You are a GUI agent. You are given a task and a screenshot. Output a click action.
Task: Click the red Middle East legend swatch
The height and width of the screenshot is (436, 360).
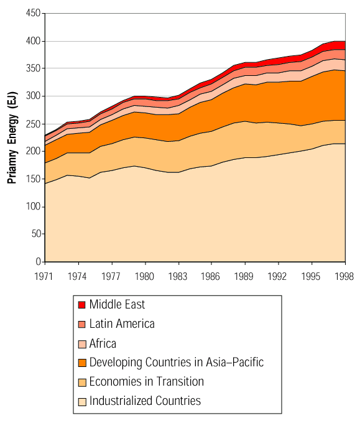click(x=81, y=305)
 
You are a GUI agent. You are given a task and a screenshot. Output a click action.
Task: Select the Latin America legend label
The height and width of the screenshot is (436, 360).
click(x=122, y=323)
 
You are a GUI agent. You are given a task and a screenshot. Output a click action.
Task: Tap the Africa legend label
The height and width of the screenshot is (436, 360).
click(x=103, y=343)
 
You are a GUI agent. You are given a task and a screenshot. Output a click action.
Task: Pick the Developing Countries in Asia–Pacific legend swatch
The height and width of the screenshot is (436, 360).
click(x=82, y=363)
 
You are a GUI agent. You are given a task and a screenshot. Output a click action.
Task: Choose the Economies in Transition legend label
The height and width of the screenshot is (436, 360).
click(x=147, y=381)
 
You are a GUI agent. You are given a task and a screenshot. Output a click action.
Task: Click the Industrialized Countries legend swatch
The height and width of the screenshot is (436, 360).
click(x=82, y=402)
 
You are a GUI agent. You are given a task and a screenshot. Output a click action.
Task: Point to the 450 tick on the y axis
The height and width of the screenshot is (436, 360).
click(x=33, y=13)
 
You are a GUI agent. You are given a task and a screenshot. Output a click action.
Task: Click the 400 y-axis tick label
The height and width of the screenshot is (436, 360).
click(x=33, y=41)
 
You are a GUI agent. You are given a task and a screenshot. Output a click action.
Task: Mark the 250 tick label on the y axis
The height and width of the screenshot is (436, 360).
click(x=33, y=124)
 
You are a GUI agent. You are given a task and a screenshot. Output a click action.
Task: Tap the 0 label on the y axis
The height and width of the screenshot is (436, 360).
click(x=38, y=261)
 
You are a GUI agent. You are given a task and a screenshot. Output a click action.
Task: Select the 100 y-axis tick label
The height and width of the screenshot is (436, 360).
click(x=33, y=206)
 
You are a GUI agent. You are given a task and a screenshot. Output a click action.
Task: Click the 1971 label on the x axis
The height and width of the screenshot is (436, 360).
click(x=44, y=276)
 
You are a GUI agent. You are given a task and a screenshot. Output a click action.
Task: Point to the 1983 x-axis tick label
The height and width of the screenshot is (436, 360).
click(x=178, y=276)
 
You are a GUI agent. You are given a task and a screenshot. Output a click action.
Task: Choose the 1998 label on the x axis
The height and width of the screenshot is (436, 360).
click(x=344, y=276)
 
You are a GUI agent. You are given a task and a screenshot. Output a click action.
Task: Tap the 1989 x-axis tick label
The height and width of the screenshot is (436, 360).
click(x=244, y=276)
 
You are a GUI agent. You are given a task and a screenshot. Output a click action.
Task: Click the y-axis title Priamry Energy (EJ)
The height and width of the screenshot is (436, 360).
click(x=12, y=137)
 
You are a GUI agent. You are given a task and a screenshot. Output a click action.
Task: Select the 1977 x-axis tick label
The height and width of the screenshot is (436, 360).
click(x=111, y=276)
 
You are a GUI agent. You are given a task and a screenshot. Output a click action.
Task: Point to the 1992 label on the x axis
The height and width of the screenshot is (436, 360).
click(x=277, y=276)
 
